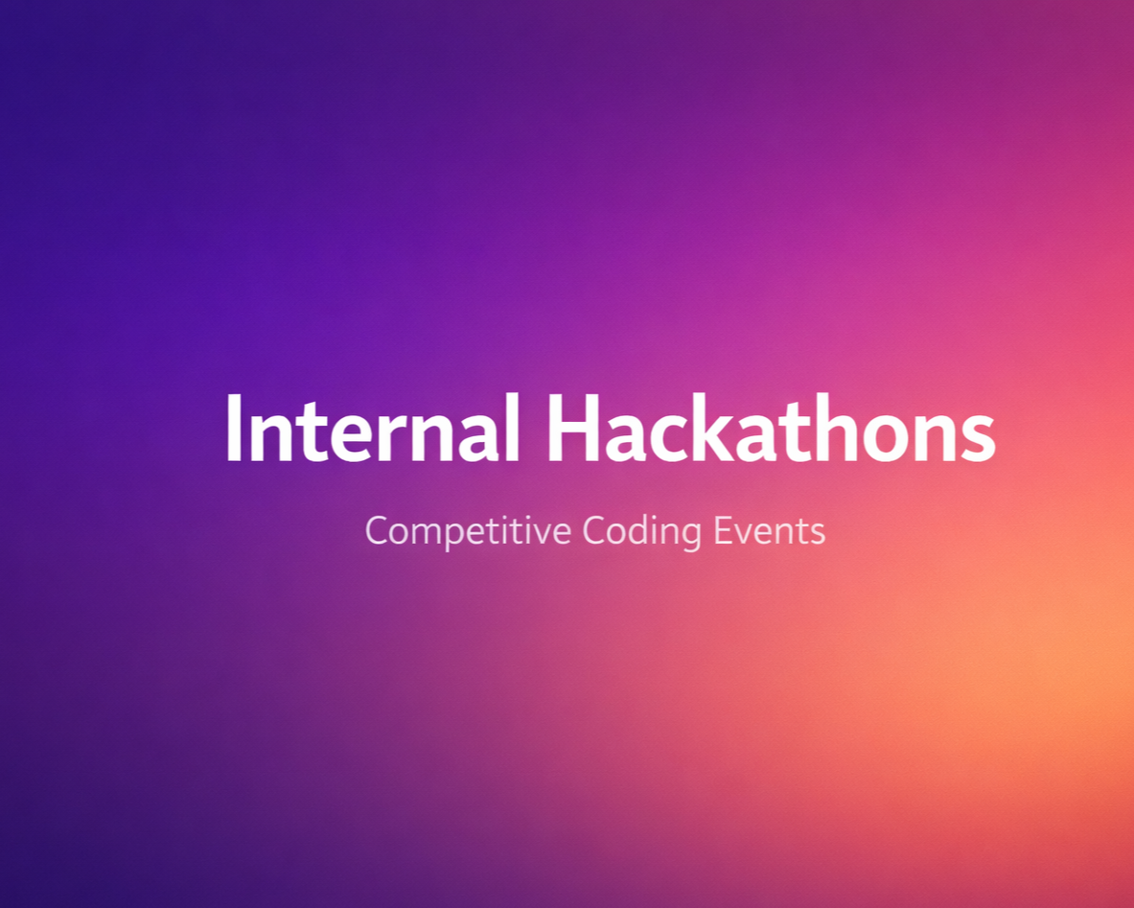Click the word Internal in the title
[x=373, y=428]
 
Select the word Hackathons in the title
[x=771, y=428]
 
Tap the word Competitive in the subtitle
[x=468, y=532]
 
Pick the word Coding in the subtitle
[x=641, y=532]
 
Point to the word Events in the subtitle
[x=770, y=531]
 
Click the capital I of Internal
[x=233, y=429]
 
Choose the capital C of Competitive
[x=379, y=530]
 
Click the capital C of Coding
[x=595, y=530]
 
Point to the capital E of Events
[x=724, y=530]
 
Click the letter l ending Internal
[x=512, y=428]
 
